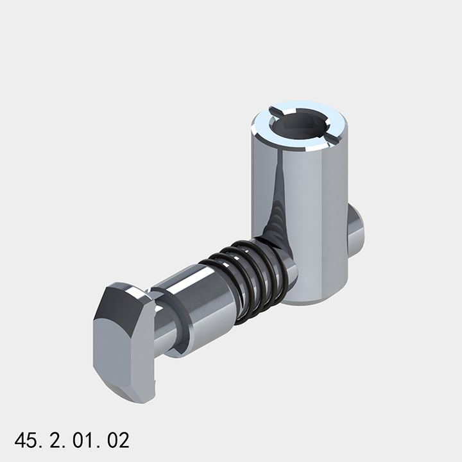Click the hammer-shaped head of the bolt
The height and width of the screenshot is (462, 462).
126,340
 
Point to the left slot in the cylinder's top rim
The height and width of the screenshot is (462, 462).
274,113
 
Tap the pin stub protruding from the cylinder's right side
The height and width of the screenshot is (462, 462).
356,228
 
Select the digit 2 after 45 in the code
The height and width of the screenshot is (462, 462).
53,440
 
